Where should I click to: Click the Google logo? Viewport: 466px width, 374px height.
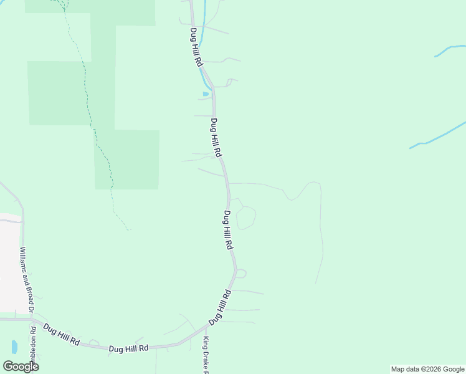tap(21, 366)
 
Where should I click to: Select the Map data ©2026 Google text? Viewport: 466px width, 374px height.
tap(427, 369)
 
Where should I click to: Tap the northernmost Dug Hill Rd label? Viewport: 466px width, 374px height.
tap(196, 47)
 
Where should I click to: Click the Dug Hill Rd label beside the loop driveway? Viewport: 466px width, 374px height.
tap(228, 230)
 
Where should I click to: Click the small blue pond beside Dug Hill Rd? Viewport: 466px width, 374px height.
tap(205, 94)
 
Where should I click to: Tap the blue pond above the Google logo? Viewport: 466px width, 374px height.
tap(14, 346)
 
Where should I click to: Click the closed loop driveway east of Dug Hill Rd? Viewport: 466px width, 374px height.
tap(246, 218)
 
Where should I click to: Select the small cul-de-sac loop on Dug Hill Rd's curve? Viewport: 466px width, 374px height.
tap(241, 273)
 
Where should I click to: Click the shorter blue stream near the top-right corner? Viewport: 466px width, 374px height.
tap(450, 50)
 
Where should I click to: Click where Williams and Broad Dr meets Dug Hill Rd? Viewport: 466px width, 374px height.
tap(30, 319)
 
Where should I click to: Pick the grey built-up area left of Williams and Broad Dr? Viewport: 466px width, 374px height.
tap(9, 262)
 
